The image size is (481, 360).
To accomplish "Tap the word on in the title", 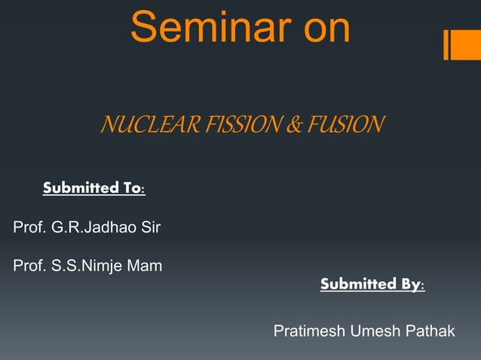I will click(323, 28).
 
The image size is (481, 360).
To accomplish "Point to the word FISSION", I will click(226, 124).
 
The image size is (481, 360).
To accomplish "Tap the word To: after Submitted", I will click(132, 188).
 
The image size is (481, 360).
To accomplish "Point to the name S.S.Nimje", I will click(90, 266).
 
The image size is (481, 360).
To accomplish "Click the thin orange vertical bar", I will click(446, 44).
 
